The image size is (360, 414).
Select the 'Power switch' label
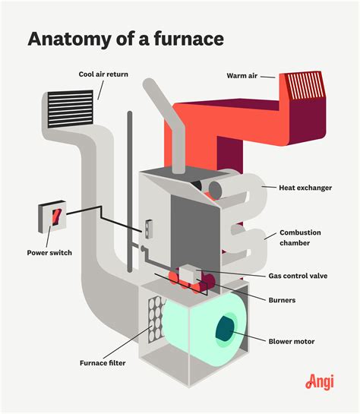pyautogui.click(x=49, y=252)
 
